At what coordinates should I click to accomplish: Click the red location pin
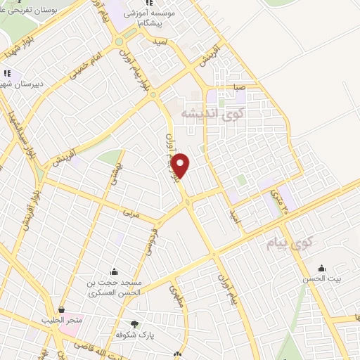(x=181, y=165)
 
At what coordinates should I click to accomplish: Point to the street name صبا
(x=240, y=89)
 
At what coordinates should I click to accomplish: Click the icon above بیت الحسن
(x=322, y=267)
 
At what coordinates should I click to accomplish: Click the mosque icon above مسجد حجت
(x=114, y=271)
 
